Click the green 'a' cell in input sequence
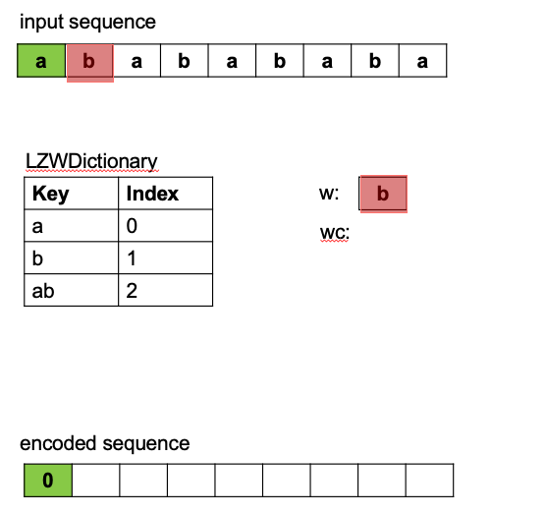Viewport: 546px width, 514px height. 41,61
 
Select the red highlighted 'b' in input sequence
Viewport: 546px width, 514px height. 90,63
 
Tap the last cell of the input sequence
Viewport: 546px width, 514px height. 422,61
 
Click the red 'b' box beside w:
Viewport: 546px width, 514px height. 383,194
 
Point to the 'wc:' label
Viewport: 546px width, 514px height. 335,233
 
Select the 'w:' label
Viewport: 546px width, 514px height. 329,194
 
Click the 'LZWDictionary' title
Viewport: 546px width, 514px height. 91,161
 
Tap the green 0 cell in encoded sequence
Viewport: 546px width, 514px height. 48,481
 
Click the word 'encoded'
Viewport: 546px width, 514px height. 57,443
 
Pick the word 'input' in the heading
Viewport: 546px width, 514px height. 42,23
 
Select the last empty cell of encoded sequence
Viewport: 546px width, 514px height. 430,481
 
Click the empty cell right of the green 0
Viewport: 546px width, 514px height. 96,481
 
